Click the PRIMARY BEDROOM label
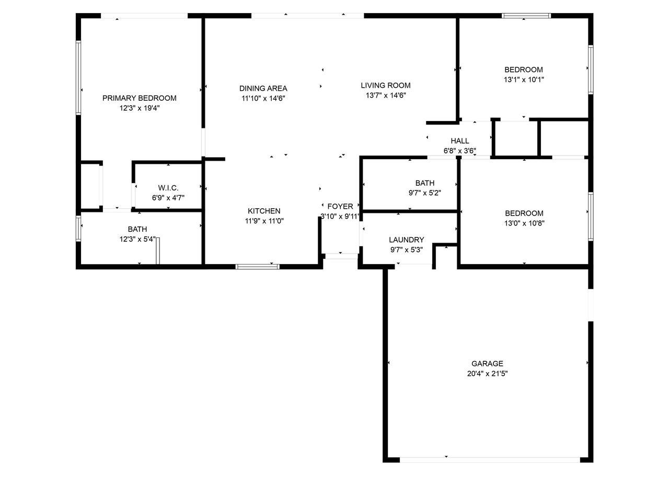point(139,98)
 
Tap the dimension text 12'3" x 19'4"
point(139,108)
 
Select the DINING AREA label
point(263,88)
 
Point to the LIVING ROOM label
point(386,85)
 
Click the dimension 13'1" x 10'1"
point(524,80)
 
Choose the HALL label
point(459,141)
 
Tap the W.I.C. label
point(168,188)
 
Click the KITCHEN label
point(264,211)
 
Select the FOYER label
point(340,206)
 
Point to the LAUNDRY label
point(406,240)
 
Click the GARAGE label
point(487,364)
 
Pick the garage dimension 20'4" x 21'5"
point(487,374)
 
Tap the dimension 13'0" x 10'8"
point(524,223)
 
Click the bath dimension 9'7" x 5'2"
point(424,193)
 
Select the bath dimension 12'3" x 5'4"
point(137,240)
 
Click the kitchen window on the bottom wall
point(257,267)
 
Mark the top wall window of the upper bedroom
point(526,16)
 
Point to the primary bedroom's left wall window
point(78,78)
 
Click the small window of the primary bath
point(78,229)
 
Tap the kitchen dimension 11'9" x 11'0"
point(264,221)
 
